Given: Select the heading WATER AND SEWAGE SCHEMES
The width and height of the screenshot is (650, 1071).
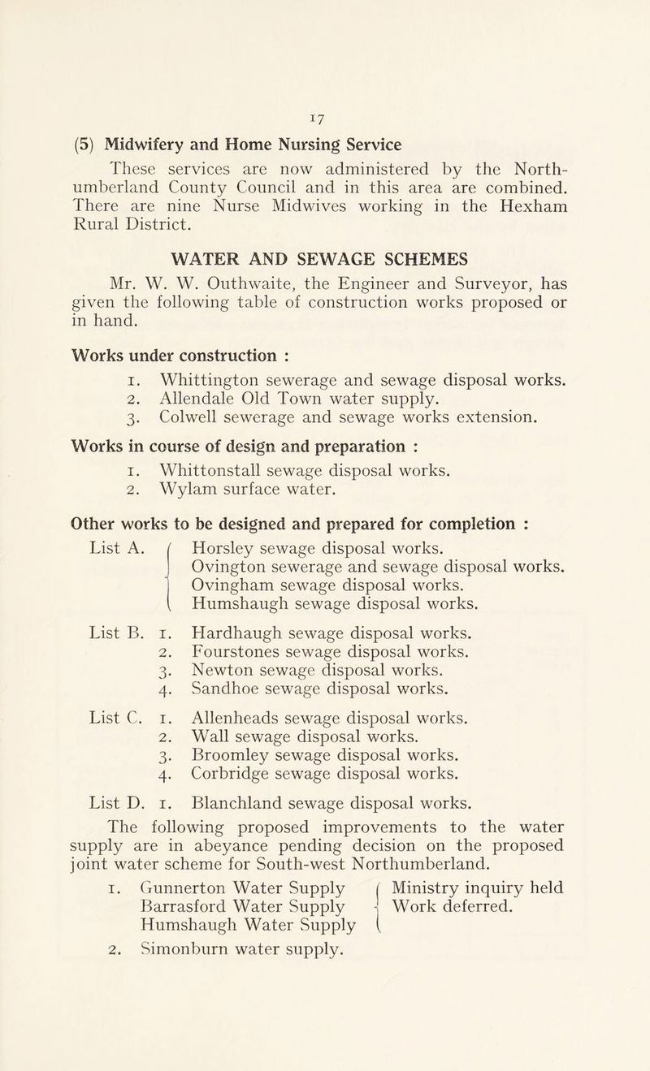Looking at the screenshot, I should click(x=325, y=260).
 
